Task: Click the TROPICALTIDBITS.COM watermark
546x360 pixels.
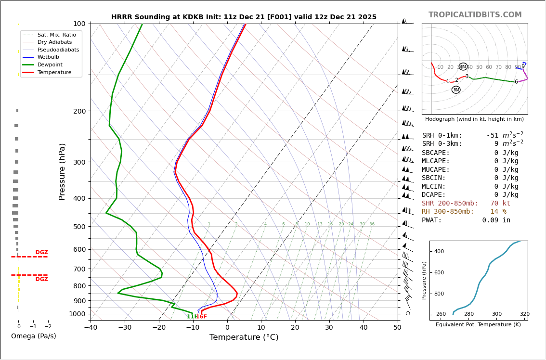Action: (475, 15)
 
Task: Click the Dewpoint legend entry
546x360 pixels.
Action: (50, 64)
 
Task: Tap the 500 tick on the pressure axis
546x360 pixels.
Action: (79, 227)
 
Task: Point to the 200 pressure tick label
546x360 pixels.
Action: (79, 111)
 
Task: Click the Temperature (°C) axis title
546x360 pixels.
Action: (244, 337)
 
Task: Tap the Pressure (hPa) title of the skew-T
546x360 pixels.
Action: (62, 171)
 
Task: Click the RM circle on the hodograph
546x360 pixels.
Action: (456, 90)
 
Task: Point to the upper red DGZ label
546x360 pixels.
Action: (42, 252)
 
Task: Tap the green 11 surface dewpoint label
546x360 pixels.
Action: (191, 317)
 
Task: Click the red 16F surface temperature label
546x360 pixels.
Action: (201, 317)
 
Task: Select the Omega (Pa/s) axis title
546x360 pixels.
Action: (33, 336)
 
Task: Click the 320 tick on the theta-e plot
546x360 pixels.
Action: (524, 314)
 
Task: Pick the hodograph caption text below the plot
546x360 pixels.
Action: (474, 119)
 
